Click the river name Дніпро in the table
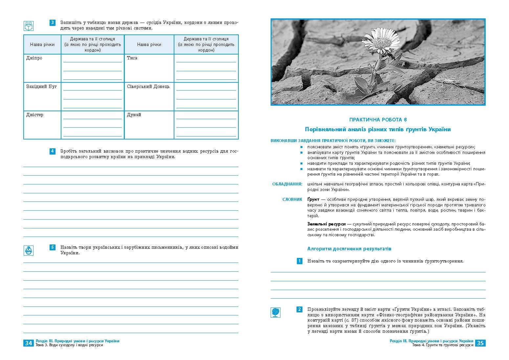point(34,58)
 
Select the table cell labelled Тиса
point(132,58)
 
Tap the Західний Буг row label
point(41,87)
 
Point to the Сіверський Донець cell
point(148,87)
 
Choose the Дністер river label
point(34,115)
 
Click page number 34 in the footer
point(29,343)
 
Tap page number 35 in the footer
point(480,343)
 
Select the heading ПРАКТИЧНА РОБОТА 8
point(378,120)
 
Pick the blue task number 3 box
point(53,23)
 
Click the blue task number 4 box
point(53,151)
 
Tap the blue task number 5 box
point(53,247)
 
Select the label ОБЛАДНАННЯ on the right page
point(287,184)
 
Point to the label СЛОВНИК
point(292,199)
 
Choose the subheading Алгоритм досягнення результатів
point(349,249)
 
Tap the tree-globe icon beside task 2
point(276,312)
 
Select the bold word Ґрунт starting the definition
point(313,199)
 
